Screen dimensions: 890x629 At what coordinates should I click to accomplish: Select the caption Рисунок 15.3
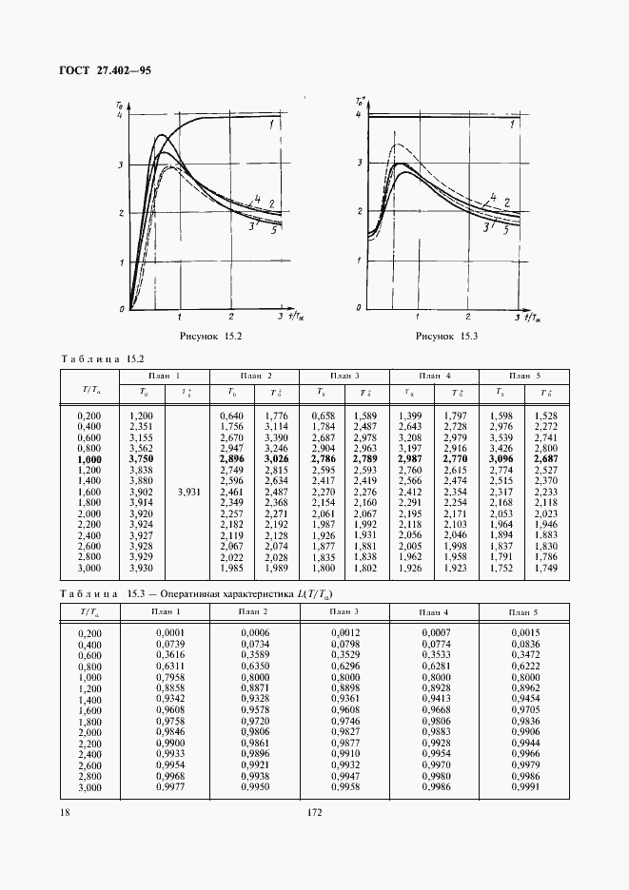447,337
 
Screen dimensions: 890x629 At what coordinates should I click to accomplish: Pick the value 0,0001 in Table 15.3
167,631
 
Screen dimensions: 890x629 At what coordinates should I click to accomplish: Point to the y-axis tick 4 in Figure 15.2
119,115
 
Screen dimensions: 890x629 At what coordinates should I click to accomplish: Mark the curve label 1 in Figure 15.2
272,125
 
